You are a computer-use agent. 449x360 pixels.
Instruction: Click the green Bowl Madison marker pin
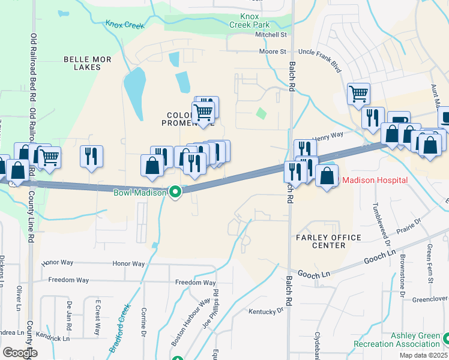(x=175, y=192)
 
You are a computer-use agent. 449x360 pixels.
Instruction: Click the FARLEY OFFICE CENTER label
(x=329, y=242)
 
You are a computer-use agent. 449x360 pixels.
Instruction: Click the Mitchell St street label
(x=271, y=35)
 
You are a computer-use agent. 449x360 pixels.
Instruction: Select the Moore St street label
(x=273, y=52)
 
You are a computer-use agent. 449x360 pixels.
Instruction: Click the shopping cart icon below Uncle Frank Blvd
(x=358, y=93)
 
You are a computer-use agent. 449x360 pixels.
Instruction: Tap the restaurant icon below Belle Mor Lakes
(x=91, y=156)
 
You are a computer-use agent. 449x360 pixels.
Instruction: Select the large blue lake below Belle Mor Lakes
(x=134, y=93)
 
